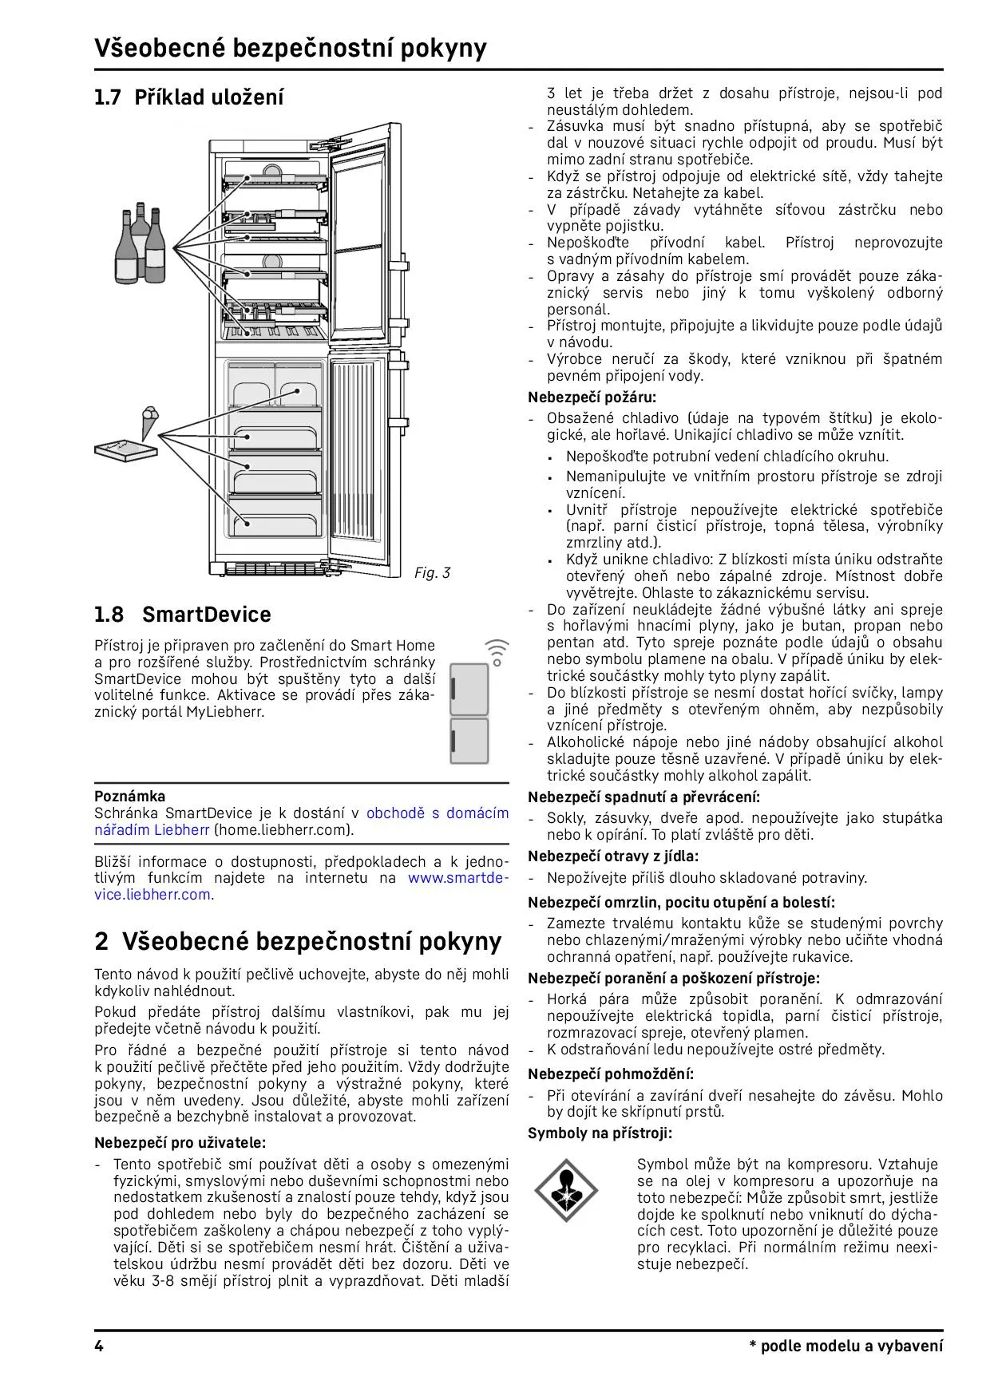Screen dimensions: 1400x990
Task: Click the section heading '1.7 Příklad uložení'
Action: (188, 97)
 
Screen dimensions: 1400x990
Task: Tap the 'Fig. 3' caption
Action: (432, 573)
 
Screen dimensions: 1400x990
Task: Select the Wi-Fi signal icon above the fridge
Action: (497, 651)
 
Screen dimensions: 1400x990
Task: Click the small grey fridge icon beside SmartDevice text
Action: (469, 713)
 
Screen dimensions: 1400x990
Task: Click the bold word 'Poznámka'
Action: (130, 796)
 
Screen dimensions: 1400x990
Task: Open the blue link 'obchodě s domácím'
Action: (437, 813)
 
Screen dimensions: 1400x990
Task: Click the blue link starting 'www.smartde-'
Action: (457, 878)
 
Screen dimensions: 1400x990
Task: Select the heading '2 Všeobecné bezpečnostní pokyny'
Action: (298, 941)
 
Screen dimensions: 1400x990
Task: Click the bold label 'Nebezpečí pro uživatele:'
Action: (180, 1142)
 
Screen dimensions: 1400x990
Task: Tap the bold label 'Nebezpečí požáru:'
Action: (592, 397)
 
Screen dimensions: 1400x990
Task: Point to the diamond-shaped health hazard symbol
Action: (566, 1194)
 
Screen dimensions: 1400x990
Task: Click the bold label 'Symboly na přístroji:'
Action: (600, 1133)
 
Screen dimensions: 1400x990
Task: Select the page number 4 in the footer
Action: (99, 1346)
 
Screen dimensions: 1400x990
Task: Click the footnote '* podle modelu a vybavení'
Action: (845, 1346)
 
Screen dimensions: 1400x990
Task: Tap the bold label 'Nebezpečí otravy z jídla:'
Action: (612, 856)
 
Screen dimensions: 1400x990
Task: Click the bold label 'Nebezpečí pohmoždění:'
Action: (611, 1074)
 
